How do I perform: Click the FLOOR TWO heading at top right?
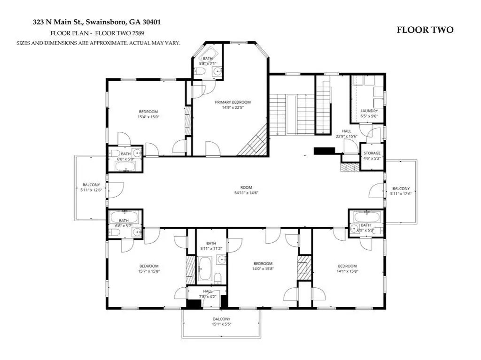point(425,30)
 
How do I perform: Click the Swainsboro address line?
point(97,22)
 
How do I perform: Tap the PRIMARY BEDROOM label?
point(233,105)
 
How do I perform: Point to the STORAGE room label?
point(372,156)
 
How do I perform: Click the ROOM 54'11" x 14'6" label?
point(246,190)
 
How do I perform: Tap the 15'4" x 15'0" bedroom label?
point(148,115)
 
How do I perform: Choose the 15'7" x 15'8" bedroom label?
point(149,268)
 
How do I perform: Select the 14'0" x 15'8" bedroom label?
point(263,266)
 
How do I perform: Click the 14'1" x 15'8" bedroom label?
point(347,268)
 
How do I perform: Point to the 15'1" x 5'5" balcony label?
point(222,322)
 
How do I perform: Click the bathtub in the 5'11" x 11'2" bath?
point(205,269)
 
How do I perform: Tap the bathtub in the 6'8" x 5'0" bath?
point(125,166)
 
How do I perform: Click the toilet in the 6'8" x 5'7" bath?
point(115,233)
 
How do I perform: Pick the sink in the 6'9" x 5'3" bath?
point(355,229)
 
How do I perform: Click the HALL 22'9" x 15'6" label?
point(347,134)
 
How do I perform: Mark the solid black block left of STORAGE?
point(324,151)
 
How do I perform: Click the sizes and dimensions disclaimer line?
point(98,43)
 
